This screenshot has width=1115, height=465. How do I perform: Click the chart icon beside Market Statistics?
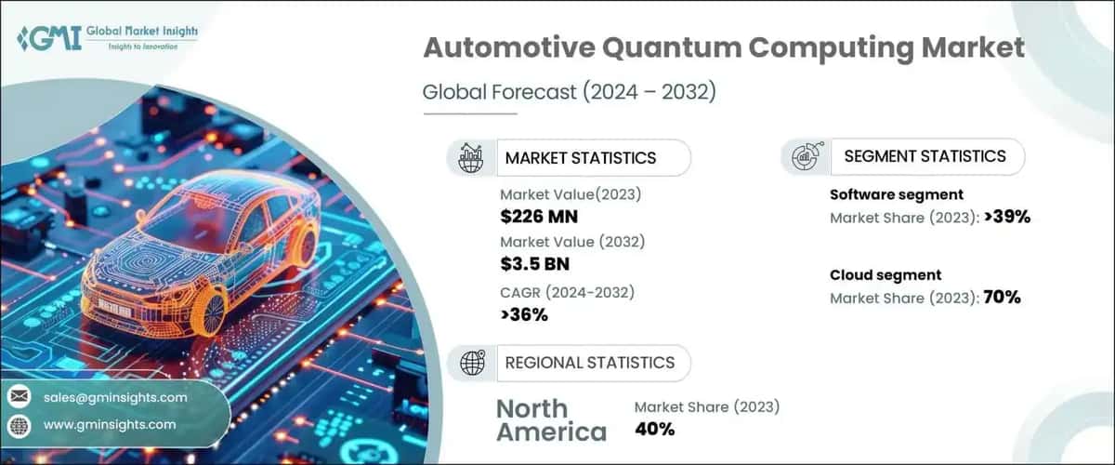pyautogui.click(x=471, y=158)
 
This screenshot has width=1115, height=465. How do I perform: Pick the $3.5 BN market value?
pyautogui.click(x=534, y=263)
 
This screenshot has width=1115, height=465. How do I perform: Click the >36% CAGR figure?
pyautogui.click(x=524, y=314)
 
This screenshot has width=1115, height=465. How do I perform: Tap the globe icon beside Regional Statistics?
pyautogui.click(x=471, y=362)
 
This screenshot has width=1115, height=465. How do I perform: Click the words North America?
pyautogui.click(x=550, y=419)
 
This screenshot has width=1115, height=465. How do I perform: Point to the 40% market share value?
pyautogui.click(x=654, y=429)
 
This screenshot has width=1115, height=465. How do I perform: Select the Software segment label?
pyautogui.click(x=896, y=194)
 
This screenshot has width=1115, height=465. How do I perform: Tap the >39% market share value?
pyautogui.click(x=1000, y=217)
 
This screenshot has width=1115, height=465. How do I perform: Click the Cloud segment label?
pyautogui.click(x=885, y=274)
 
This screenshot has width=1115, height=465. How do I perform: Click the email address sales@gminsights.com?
pyautogui.click(x=115, y=397)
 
